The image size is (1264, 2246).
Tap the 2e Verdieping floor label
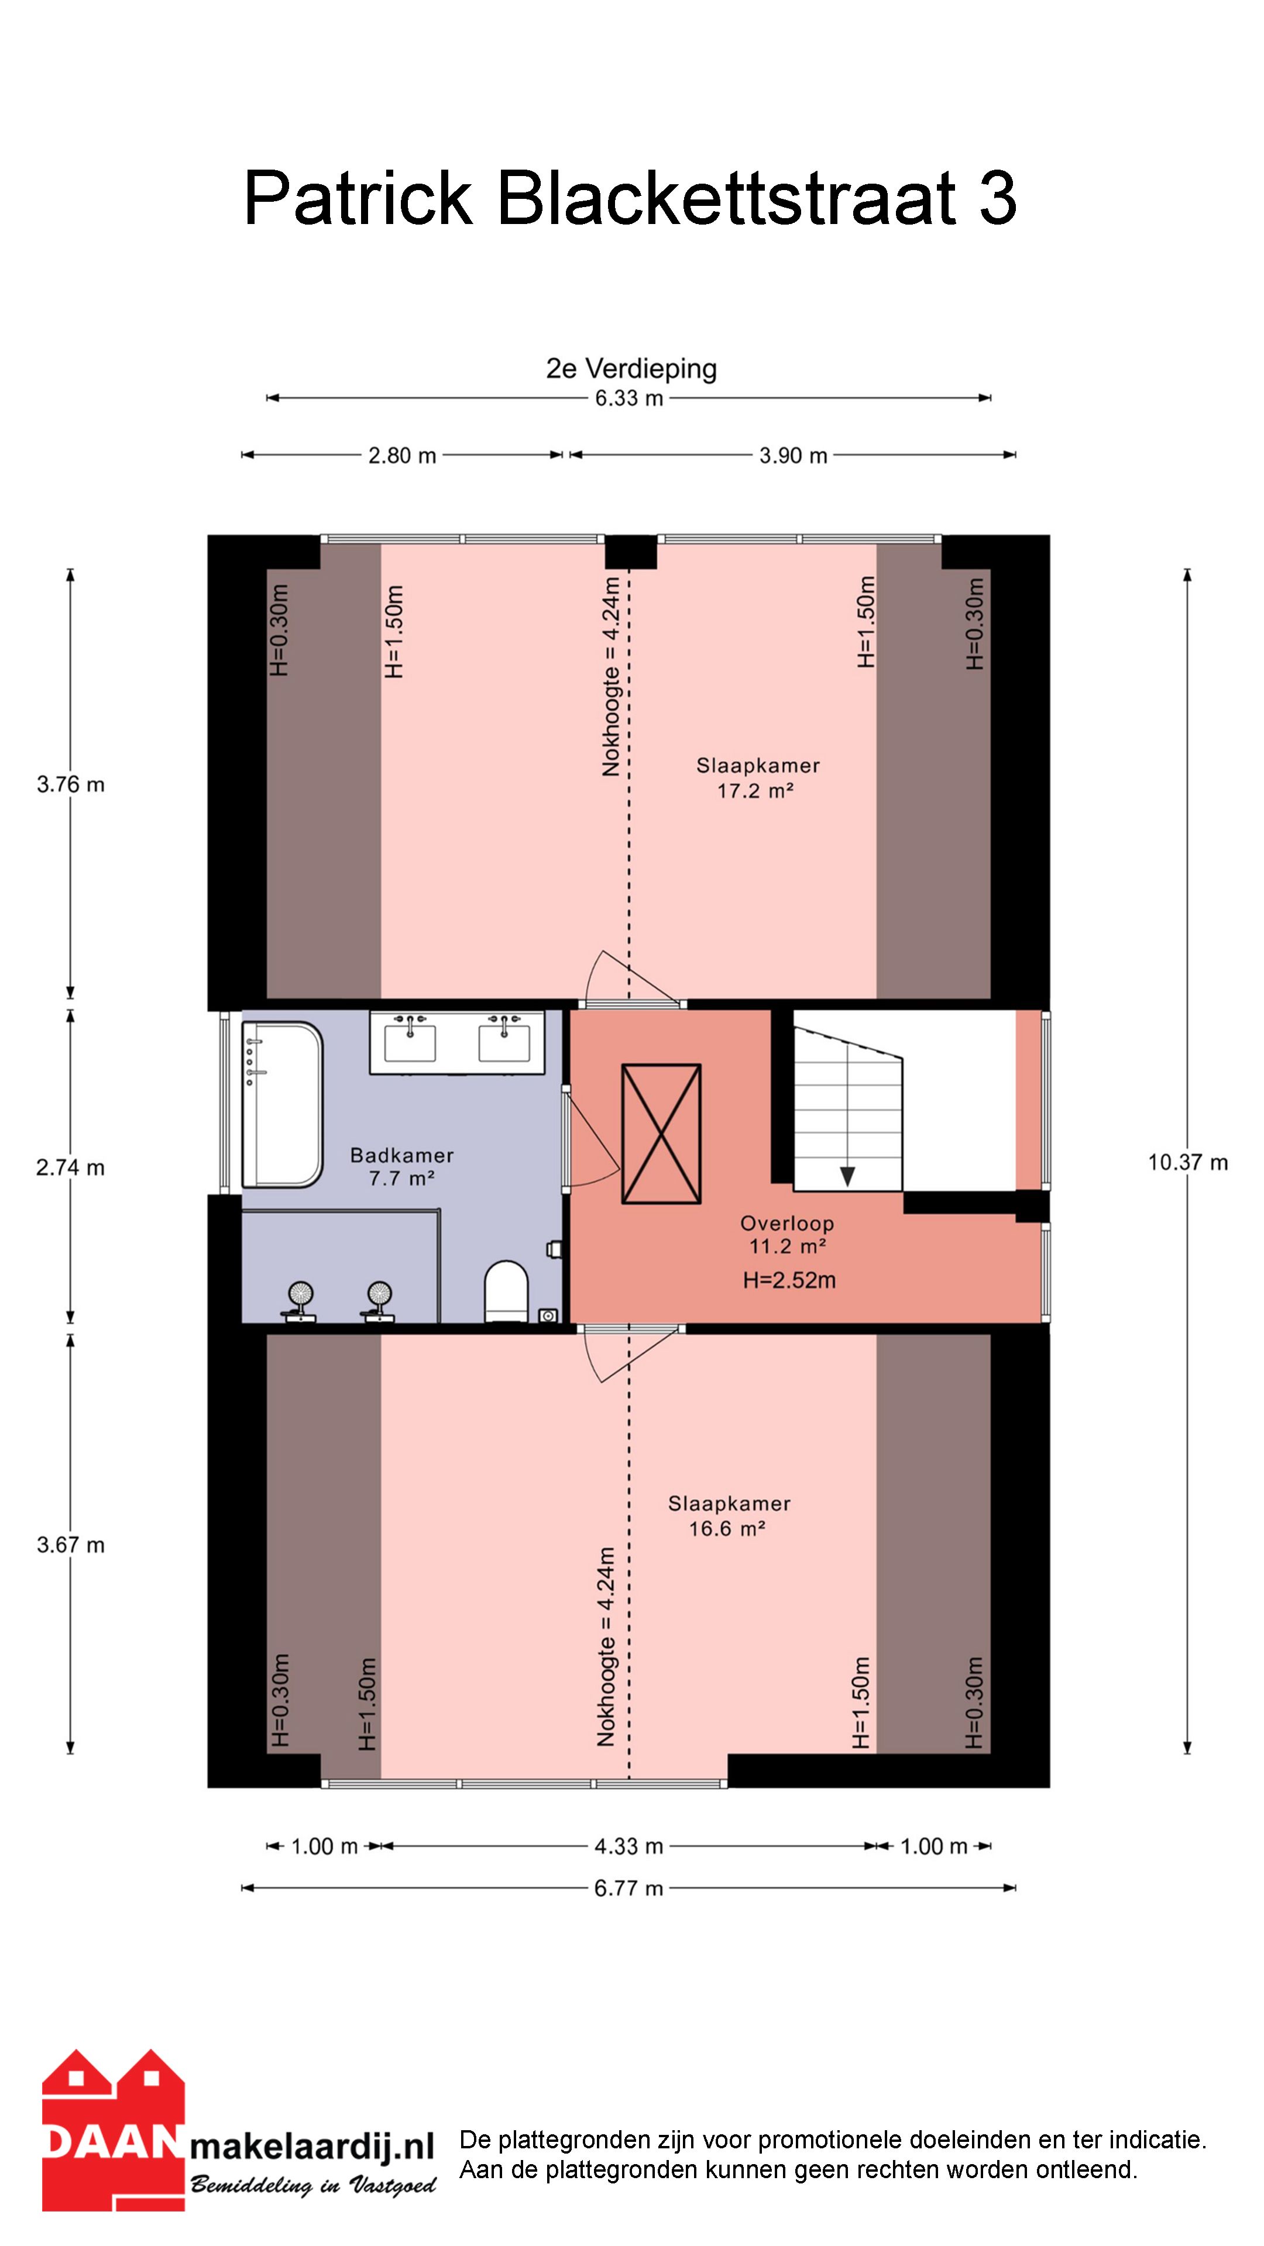coord(631,369)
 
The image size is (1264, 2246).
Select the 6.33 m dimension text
coord(629,398)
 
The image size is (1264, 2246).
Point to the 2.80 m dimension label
coord(402,455)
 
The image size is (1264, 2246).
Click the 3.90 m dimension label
coord(793,455)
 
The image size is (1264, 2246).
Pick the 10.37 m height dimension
coord(1187,1162)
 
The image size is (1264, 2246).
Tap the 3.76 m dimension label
coord(71,785)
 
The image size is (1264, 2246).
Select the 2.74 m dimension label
coord(71,1167)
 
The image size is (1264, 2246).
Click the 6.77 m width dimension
coord(629,1889)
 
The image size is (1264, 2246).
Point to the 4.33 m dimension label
coord(629,1846)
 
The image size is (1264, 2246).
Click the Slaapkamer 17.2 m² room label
coord(757,778)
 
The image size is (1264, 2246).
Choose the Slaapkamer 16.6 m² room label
coord(729,1515)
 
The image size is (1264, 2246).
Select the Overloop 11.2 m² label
coord(787,1235)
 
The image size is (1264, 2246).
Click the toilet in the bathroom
coord(507,1290)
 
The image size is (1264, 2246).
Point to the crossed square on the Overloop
coord(661,1134)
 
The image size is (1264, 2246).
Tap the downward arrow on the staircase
coord(847,1176)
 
